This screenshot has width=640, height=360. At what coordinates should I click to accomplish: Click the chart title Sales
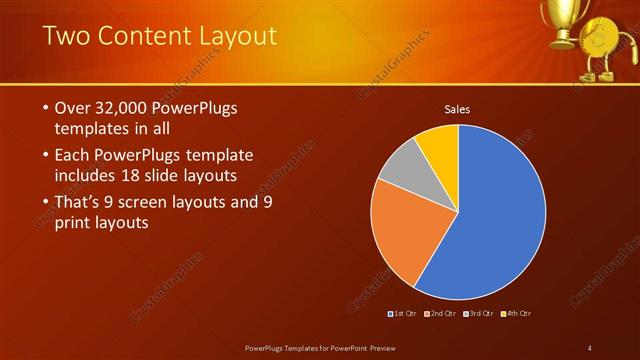coord(457,109)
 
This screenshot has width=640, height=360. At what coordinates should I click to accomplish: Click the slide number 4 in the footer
coord(590,347)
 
